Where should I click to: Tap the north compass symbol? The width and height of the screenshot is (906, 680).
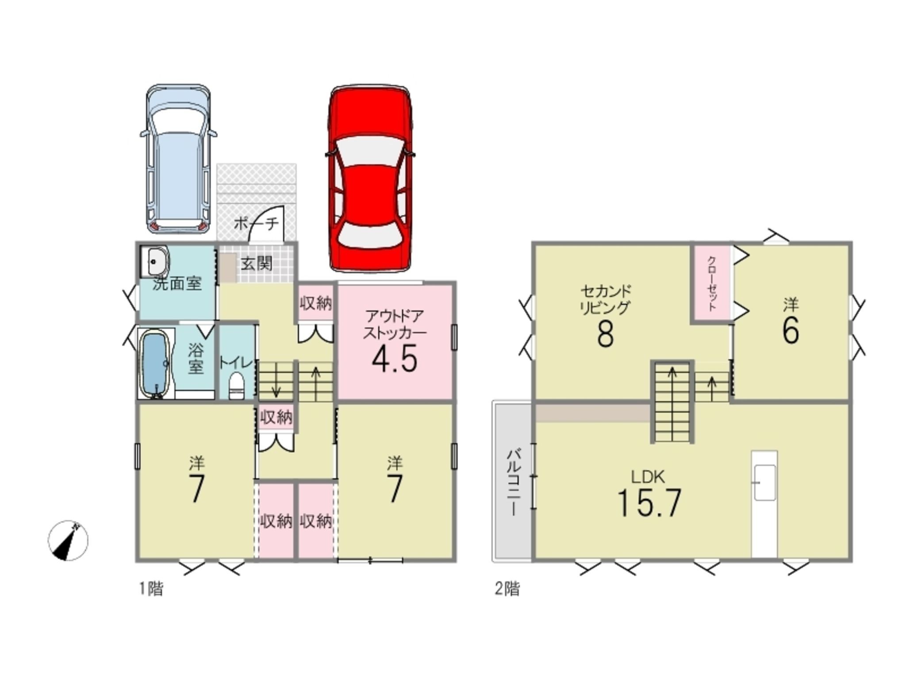click(x=68, y=540)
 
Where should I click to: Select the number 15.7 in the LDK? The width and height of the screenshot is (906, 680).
click(x=649, y=503)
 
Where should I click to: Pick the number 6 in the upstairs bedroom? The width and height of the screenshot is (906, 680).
click(x=791, y=331)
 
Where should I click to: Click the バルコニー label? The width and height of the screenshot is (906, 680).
click(x=513, y=482)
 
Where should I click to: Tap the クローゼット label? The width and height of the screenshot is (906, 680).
click(x=711, y=283)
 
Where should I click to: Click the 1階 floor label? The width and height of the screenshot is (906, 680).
click(x=151, y=589)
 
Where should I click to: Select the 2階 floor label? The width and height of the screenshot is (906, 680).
click(x=507, y=589)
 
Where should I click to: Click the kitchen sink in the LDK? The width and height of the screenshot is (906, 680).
click(x=764, y=483)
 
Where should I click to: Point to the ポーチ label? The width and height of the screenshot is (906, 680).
click(x=256, y=223)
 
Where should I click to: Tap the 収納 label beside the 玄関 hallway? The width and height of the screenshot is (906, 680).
click(x=315, y=303)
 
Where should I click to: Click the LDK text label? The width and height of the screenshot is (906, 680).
click(x=648, y=477)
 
